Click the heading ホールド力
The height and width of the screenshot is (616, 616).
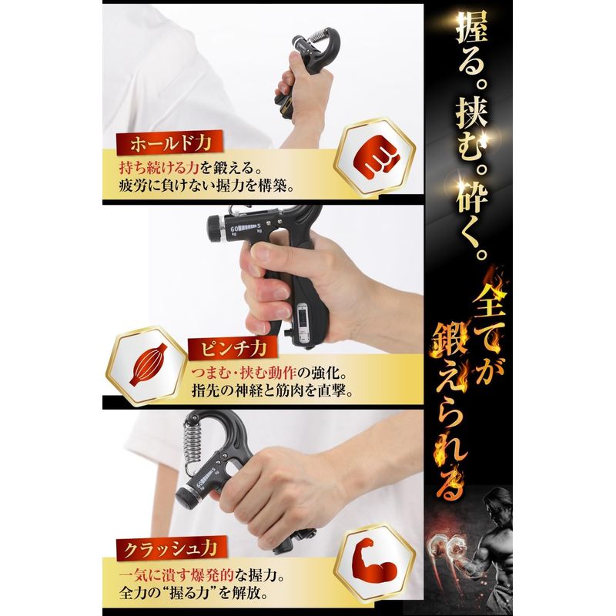coord(170,144)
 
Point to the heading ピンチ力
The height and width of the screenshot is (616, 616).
coord(233,349)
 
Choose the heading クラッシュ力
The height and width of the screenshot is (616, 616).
coord(170,549)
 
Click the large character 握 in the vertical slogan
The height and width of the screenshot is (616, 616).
coord(472,28)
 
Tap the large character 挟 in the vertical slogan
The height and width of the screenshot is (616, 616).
coord(472,113)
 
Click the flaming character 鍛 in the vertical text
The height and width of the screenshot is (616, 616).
coord(450,342)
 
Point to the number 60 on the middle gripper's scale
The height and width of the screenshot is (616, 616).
coord(235,229)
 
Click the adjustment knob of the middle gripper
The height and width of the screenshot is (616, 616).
coord(216,229)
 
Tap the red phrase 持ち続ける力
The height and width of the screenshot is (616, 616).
coord(159,168)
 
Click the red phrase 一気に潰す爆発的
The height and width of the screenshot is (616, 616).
coord(176,576)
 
